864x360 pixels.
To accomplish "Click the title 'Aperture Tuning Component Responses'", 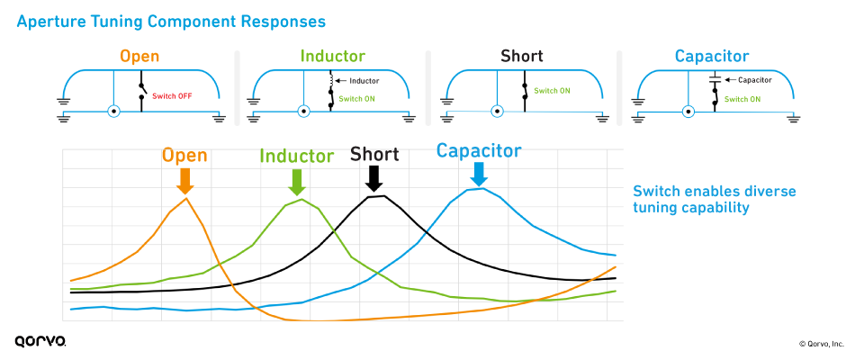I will [x=171, y=19].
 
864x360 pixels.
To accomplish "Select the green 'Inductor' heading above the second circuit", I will [x=332, y=57].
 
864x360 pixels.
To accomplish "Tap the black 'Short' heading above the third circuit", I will [x=522, y=57].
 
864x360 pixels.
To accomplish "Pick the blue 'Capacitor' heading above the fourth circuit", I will [x=713, y=57].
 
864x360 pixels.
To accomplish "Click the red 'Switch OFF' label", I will [x=172, y=94].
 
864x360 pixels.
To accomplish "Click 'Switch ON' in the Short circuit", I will [x=552, y=91].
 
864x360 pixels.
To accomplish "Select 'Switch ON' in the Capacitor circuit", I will [x=744, y=99].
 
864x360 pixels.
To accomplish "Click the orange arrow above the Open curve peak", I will [x=184, y=181].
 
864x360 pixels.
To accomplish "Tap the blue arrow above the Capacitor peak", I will [x=479, y=174].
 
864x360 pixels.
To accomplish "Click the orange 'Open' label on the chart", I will [x=184, y=156].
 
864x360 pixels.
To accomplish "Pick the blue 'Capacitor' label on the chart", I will [x=479, y=150].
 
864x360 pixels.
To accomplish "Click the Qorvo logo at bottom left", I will [x=40, y=342].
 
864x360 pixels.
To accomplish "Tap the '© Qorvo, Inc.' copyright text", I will [x=821, y=344].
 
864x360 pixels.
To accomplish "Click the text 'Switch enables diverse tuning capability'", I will [x=714, y=200].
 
